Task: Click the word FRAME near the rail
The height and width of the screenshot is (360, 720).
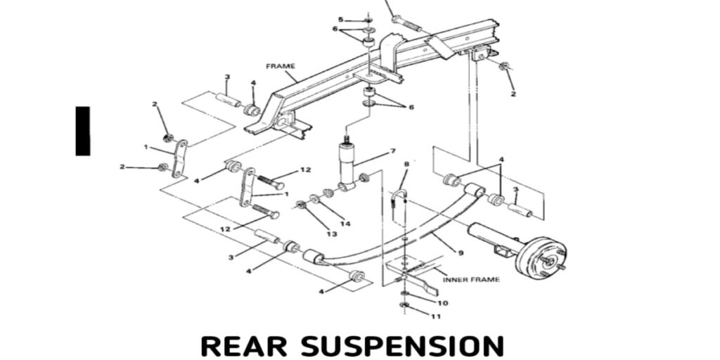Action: (281, 66)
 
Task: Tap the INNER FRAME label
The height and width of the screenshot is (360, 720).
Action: (471, 280)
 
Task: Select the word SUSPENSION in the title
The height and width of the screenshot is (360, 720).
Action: (403, 346)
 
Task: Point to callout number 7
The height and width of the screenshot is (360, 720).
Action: (393, 151)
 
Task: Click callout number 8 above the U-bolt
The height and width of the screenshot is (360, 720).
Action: (406, 165)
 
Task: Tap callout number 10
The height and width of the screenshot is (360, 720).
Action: (442, 303)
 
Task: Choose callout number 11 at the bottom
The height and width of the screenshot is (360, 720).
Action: (436, 317)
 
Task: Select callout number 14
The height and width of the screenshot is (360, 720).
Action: (345, 223)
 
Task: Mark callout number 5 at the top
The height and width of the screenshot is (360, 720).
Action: (341, 20)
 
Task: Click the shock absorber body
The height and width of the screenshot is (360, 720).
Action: (348, 162)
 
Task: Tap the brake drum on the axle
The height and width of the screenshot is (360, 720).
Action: (541, 257)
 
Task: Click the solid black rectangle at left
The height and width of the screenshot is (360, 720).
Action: (83, 131)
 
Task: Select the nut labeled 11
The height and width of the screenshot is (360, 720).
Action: (404, 305)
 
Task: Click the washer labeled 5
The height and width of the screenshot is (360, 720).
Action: (368, 20)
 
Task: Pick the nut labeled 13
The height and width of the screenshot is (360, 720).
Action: (301, 205)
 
